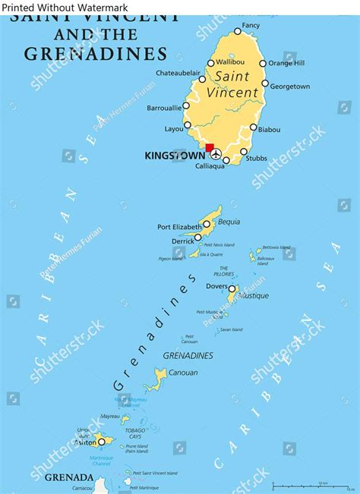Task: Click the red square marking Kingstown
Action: tap(210, 149)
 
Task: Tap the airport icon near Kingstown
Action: tap(216, 155)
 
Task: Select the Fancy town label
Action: tap(251, 26)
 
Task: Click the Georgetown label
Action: tap(290, 87)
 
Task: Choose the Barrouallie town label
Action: tap(164, 108)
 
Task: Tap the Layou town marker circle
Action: tap(188, 125)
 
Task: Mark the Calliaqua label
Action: tap(210, 165)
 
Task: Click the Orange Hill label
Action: tap(286, 63)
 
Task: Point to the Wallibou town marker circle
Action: tap(210, 63)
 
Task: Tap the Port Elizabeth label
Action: tap(179, 226)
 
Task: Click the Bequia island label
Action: tap(229, 222)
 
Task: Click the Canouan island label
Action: tap(182, 373)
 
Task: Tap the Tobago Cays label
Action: tap(135, 434)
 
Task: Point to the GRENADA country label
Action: tap(68, 477)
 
